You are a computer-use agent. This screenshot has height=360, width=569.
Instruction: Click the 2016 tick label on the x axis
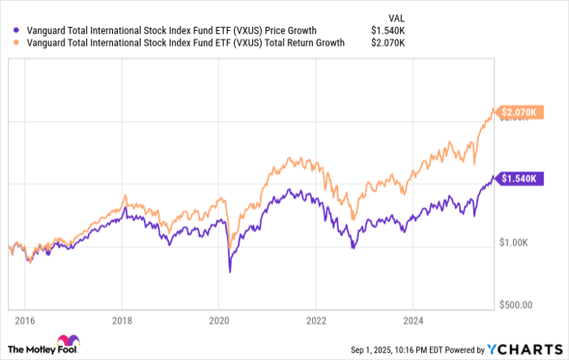click(24, 321)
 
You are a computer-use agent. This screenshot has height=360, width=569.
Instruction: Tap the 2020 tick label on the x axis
click(219, 321)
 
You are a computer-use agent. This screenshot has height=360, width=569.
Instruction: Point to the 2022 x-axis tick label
click(316, 321)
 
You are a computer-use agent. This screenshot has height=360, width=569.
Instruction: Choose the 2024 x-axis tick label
click(414, 321)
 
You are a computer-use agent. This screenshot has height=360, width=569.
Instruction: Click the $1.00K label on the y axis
click(516, 242)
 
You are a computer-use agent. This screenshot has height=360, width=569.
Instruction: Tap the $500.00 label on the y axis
click(516, 306)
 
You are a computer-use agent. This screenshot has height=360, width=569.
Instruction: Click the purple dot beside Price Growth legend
click(7, 31)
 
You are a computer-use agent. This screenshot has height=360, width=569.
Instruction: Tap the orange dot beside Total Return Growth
click(7, 44)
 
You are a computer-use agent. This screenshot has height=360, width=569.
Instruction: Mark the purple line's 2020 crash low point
click(228, 271)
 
